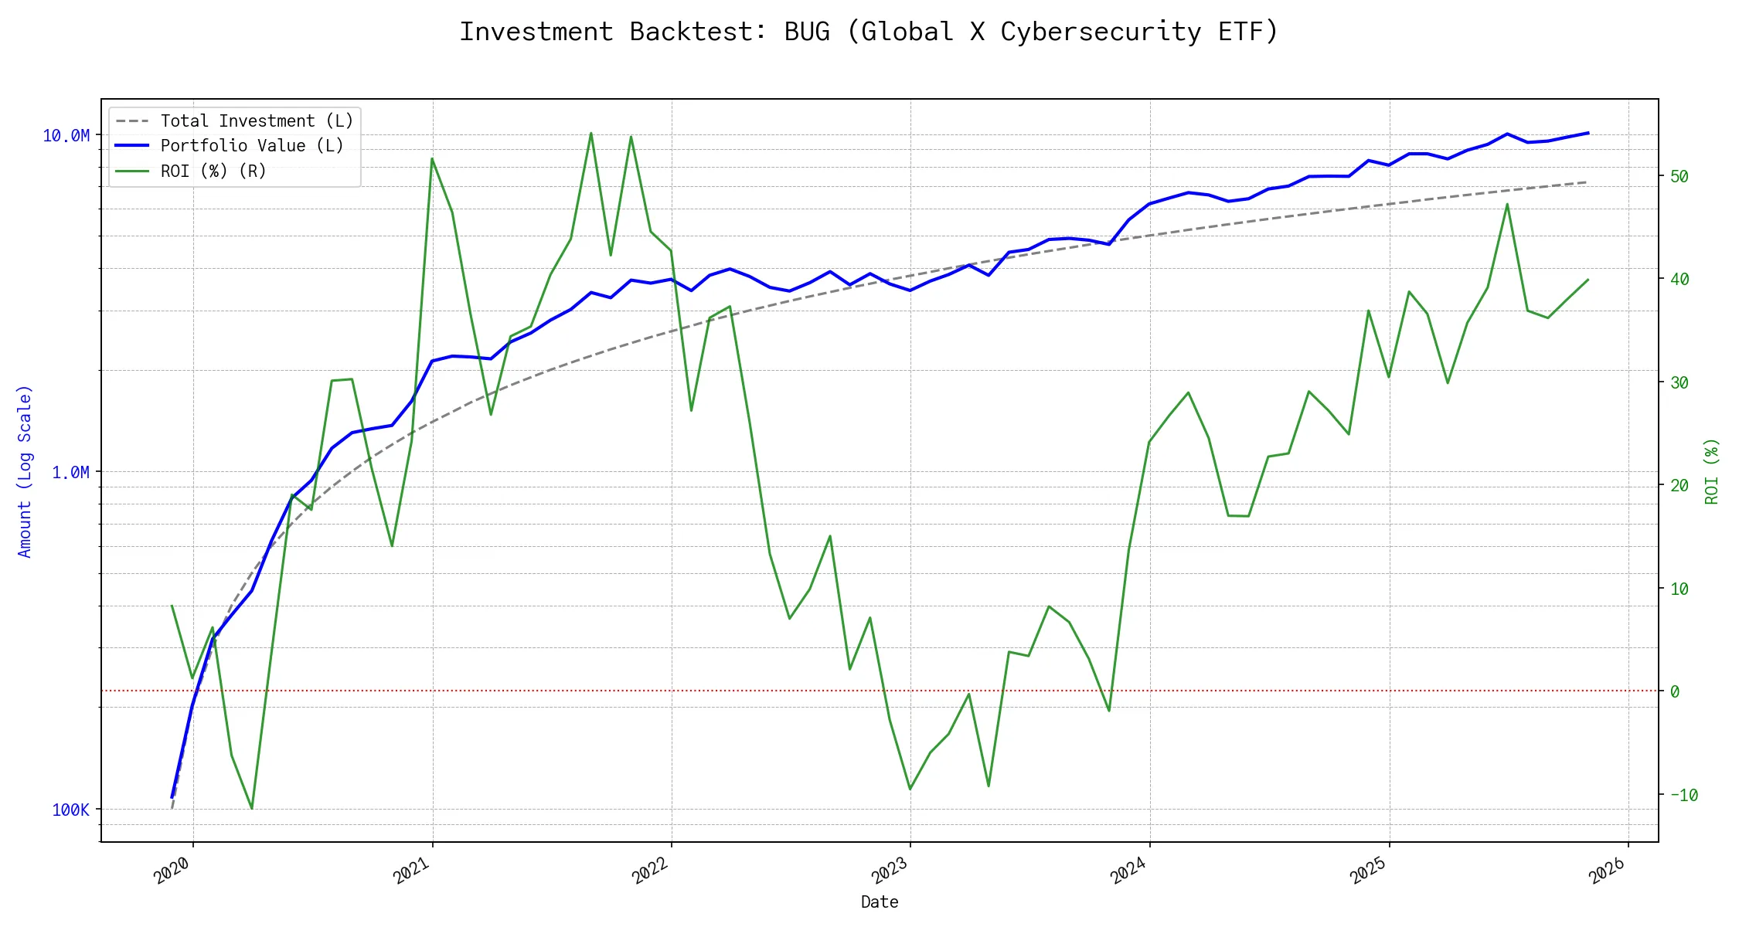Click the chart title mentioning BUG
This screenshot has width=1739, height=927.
click(x=869, y=32)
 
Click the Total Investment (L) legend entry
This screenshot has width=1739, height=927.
click(x=257, y=121)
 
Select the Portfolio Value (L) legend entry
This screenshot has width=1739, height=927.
click(x=252, y=146)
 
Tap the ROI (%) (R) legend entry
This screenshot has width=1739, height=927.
click(x=213, y=171)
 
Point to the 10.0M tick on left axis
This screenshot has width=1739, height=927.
click(x=66, y=136)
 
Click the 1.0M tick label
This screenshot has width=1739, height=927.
click(x=70, y=473)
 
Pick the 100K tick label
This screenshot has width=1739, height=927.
click(x=71, y=810)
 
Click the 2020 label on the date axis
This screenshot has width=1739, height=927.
click(x=172, y=871)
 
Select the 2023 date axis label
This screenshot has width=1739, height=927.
click(x=890, y=871)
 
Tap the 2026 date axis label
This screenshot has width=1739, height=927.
click(x=1608, y=871)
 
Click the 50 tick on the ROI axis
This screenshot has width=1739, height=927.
click(x=1679, y=177)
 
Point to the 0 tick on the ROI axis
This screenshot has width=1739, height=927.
click(x=1675, y=691)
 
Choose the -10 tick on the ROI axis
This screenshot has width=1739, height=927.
click(x=1683, y=795)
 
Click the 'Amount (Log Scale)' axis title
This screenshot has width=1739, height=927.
click(x=25, y=471)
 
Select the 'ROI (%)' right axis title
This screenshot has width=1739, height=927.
click(x=1711, y=471)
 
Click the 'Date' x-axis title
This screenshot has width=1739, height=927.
click(x=880, y=902)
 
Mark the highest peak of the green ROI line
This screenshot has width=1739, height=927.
click(x=591, y=133)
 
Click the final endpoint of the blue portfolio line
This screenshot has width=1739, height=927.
click(x=1588, y=133)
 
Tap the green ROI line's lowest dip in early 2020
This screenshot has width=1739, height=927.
click(x=252, y=809)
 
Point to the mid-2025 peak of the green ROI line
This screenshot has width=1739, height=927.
click(x=1507, y=204)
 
